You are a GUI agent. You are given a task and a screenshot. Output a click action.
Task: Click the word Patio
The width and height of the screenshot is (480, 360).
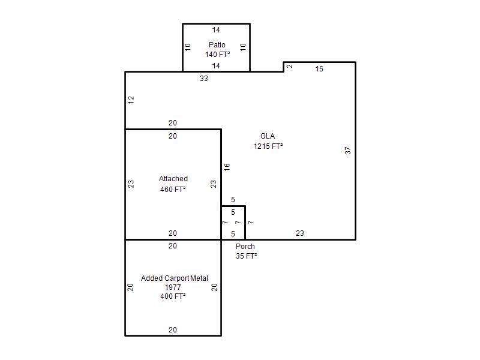(217, 44)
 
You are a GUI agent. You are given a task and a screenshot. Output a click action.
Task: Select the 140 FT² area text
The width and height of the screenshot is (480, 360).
(217, 54)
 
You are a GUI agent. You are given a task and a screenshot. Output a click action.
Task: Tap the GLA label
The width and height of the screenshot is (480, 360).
(268, 136)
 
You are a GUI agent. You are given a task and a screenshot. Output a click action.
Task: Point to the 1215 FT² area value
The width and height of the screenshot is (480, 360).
(268, 146)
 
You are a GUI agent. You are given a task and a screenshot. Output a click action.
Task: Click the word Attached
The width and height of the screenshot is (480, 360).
(173, 178)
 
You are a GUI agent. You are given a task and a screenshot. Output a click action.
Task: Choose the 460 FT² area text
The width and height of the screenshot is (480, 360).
(173, 189)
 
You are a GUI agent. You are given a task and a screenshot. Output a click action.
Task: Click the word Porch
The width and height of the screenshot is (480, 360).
(245, 246)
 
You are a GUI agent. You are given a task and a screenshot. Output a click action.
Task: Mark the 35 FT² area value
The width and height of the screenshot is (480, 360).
(246, 256)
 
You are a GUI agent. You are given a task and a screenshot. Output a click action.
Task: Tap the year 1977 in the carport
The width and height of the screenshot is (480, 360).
(173, 287)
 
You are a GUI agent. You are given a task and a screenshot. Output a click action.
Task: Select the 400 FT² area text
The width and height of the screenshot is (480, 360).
(173, 296)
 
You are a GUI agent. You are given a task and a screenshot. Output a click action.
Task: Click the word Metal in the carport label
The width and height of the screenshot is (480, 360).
(199, 278)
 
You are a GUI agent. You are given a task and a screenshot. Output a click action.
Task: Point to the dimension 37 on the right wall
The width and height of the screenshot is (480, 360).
(348, 151)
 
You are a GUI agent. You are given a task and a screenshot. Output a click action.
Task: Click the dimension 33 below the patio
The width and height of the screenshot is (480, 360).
(204, 79)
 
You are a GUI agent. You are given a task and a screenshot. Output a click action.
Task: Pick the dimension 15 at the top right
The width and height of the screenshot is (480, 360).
(319, 69)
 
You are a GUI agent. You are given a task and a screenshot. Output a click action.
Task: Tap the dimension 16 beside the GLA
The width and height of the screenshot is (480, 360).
(227, 167)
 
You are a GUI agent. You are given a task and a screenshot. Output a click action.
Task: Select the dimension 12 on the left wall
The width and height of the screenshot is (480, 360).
(131, 100)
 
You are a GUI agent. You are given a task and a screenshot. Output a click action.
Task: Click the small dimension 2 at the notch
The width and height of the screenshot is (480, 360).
(290, 66)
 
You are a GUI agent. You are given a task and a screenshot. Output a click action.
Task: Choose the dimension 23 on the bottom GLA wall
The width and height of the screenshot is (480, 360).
(299, 233)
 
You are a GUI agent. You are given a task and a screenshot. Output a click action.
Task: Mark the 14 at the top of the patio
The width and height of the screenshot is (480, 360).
(216, 29)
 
